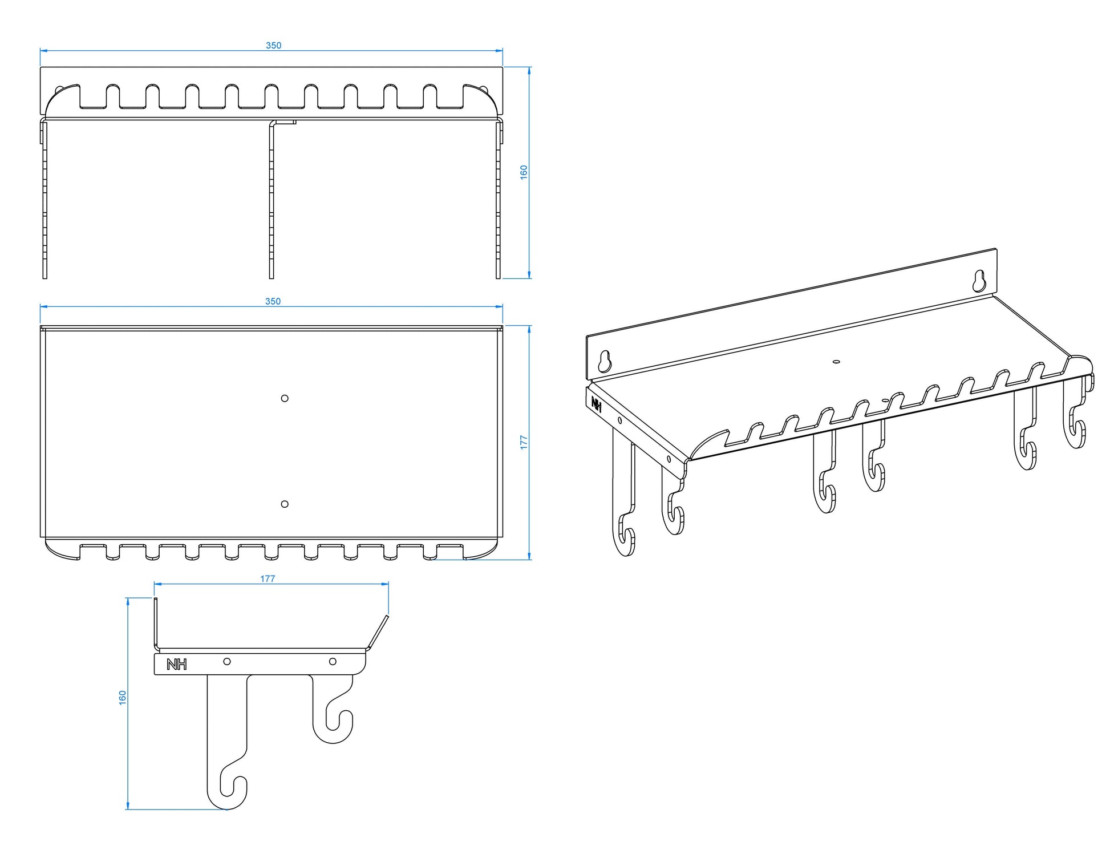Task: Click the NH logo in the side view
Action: pyautogui.click(x=176, y=665)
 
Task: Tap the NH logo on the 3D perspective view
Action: pyautogui.click(x=597, y=405)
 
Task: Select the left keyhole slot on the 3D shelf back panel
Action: pyautogui.click(x=605, y=361)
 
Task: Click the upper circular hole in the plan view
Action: pyautogui.click(x=285, y=398)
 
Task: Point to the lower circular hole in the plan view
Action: pyautogui.click(x=285, y=504)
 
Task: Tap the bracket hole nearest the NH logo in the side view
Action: pyautogui.click(x=227, y=661)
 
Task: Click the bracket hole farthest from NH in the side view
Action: pyautogui.click(x=333, y=661)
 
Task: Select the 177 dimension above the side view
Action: pyautogui.click(x=268, y=578)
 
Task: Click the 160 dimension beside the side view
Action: pyautogui.click(x=123, y=697)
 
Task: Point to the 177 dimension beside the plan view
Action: pyautogui.click(x=524, y=442)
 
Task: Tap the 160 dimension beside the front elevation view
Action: pyautogui.click(x=524, y=172)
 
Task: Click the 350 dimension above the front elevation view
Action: pyautogui.click(x=273, y=46)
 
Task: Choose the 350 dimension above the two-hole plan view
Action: pyautogui.click(x=273, y=301)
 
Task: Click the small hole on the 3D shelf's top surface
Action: pyautogui.click(x=836, y=361)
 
